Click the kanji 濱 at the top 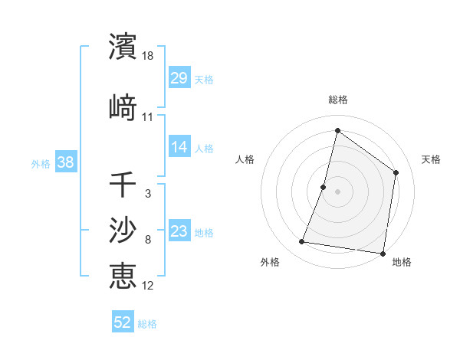pos(123,47)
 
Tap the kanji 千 pos(123,185)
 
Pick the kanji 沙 pos(123,229)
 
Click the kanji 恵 pos(123,275)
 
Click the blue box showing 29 pos(179,79)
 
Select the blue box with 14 pos(179,148)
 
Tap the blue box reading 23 pos(179,232)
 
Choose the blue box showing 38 pos(65,163)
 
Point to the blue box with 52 pos(123,322)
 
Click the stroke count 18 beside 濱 pos(149,56)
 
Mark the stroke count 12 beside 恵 pos(148,286)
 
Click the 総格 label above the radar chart pos(337,100)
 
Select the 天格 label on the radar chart pos(432,159)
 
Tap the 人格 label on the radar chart pos(245,159)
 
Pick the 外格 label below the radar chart pos(270,263)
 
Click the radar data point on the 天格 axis pos(396,172)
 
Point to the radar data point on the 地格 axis pos(382,253)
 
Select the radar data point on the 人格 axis pos(324,187)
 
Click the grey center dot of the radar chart pos(337,191)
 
